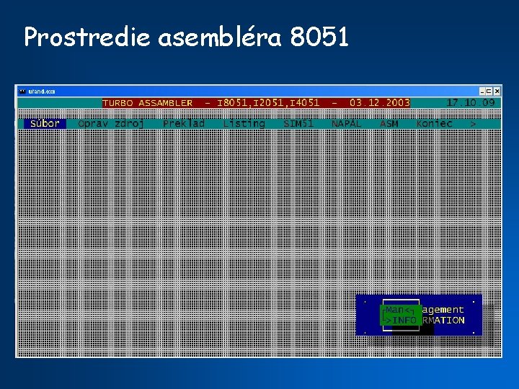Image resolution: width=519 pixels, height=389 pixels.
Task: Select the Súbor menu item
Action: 45,124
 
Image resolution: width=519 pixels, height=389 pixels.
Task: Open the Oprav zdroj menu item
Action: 111,124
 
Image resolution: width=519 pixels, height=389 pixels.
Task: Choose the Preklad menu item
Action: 184,124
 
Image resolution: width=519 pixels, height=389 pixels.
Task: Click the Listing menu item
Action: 244,124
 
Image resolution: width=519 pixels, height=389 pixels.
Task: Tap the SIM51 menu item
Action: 298,124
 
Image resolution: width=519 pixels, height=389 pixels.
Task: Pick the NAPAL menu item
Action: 347,124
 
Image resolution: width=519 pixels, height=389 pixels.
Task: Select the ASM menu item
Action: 389,124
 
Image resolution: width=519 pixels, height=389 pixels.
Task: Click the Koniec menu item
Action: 434,124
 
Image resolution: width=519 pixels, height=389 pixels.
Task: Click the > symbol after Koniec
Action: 473,124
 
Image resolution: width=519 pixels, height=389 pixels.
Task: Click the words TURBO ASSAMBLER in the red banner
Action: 148,103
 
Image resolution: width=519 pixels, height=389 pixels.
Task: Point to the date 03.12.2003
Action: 379,103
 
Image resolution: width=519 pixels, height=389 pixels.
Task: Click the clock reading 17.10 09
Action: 470,102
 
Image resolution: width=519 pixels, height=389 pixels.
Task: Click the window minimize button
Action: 480,91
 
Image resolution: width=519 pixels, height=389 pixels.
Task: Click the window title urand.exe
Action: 42,91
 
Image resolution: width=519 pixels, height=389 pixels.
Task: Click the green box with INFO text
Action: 401,315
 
